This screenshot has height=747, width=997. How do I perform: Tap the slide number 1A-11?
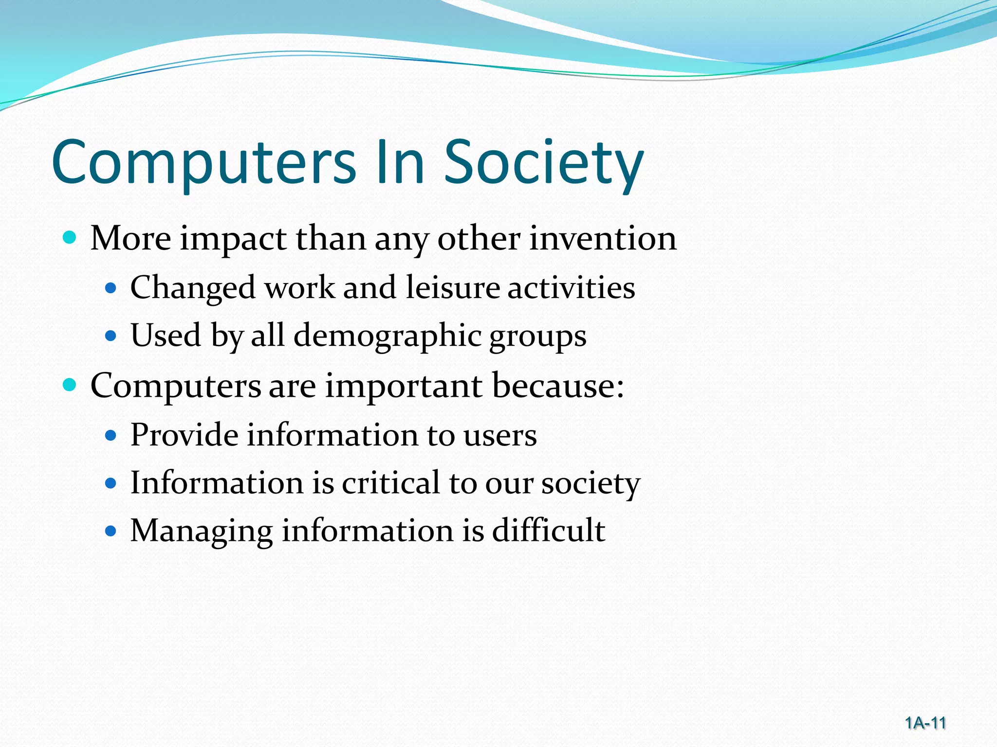tap(925, 723)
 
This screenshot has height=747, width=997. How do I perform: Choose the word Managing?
tap(201, 532)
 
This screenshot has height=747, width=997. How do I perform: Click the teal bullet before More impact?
tap(70, 238)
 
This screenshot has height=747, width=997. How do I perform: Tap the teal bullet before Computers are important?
tap(70, 385)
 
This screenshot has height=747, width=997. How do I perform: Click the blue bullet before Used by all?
tap(111, 336)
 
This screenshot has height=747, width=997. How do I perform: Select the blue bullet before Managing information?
tap(111, 531)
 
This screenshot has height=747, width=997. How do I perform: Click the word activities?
tap(572, 287)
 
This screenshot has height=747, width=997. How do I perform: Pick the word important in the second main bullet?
tap(404, 387)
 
